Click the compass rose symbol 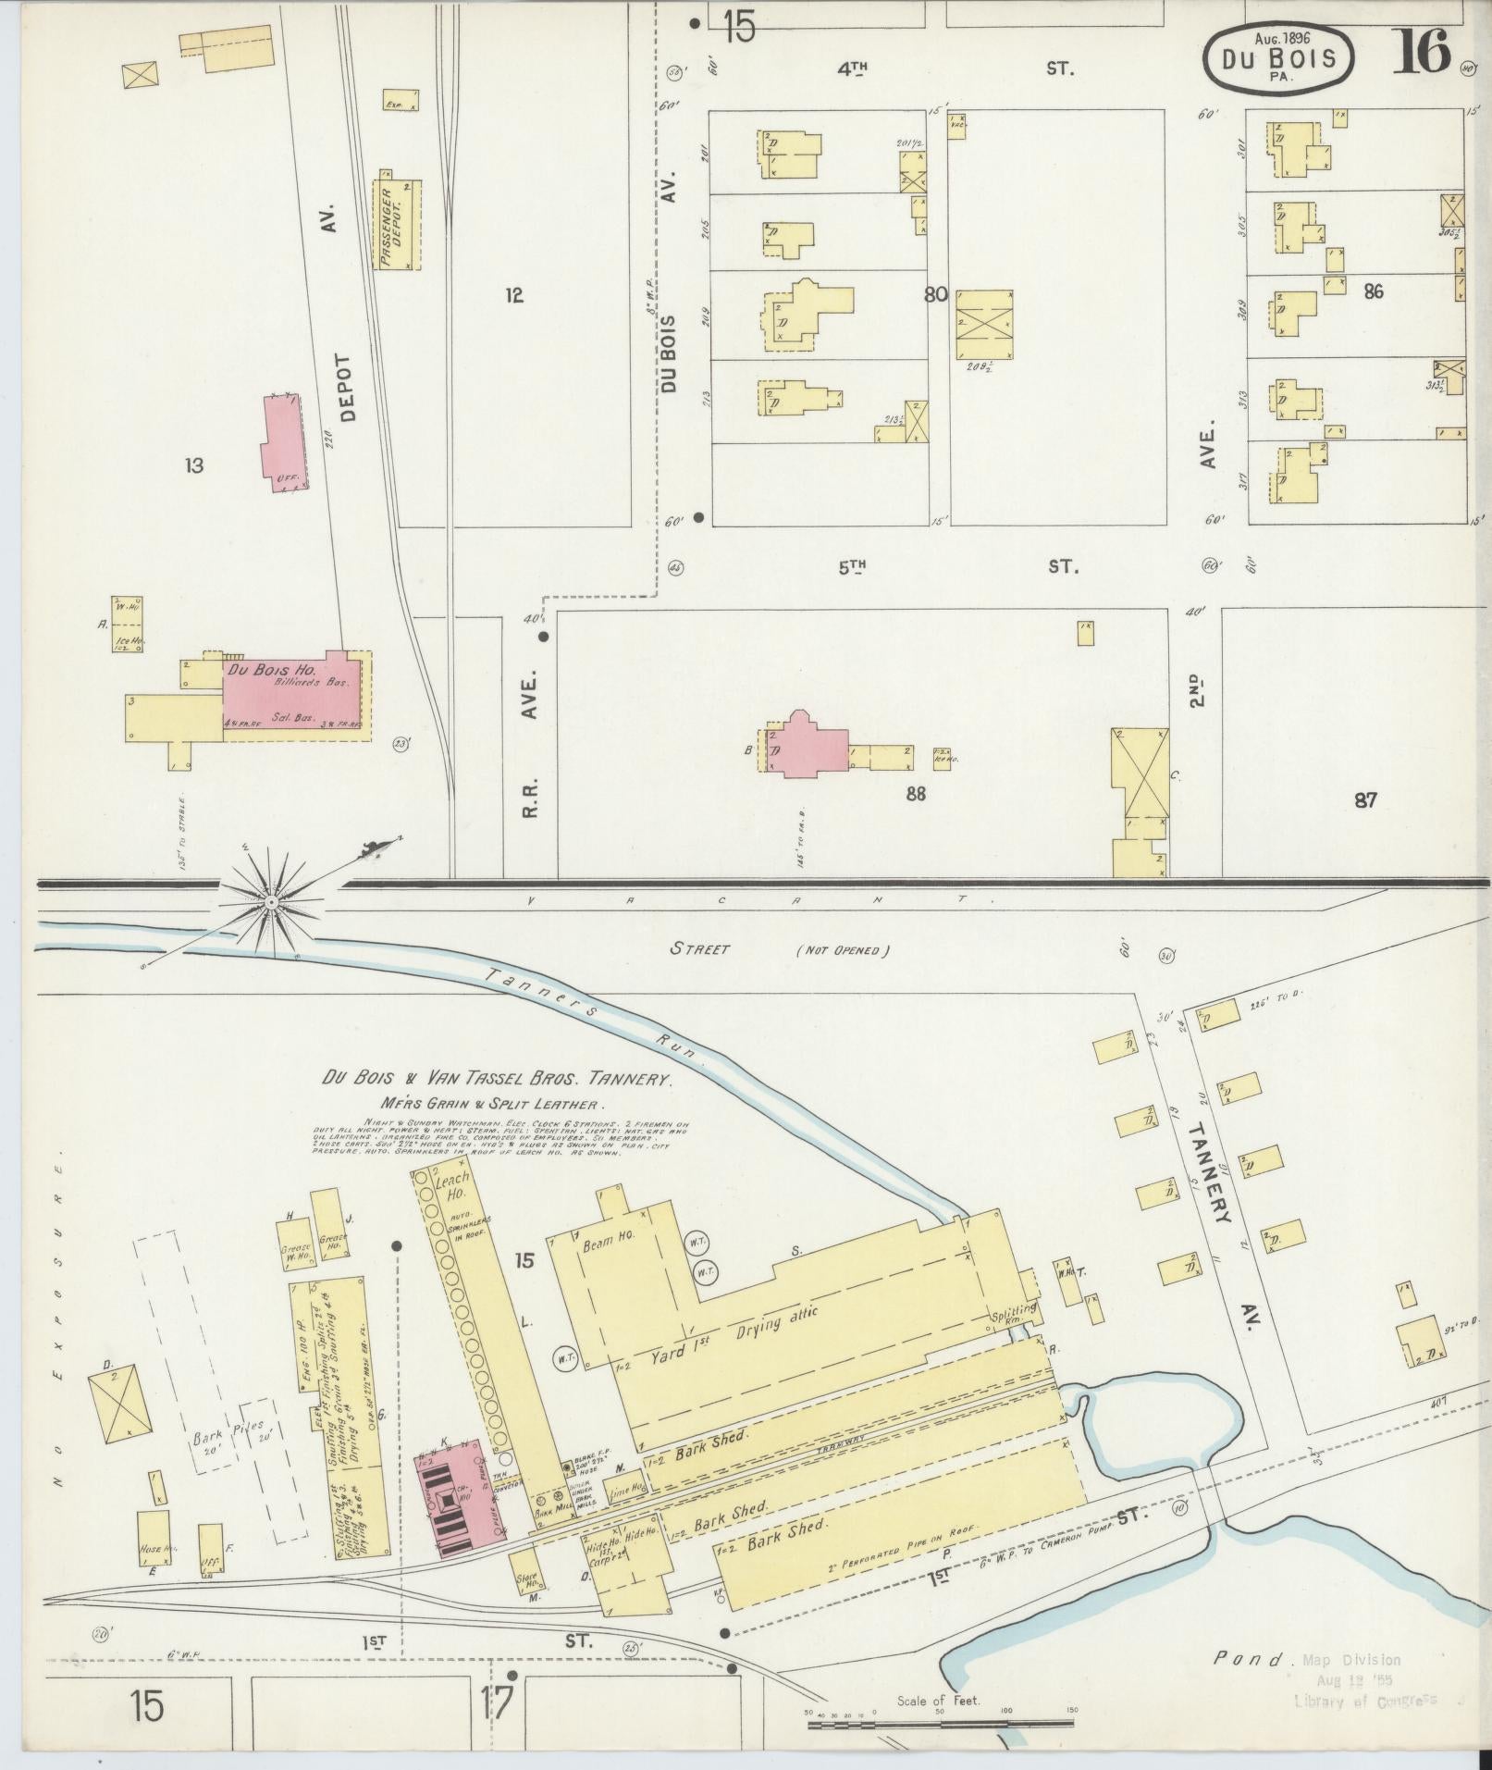[271, 900]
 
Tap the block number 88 [916, 793]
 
